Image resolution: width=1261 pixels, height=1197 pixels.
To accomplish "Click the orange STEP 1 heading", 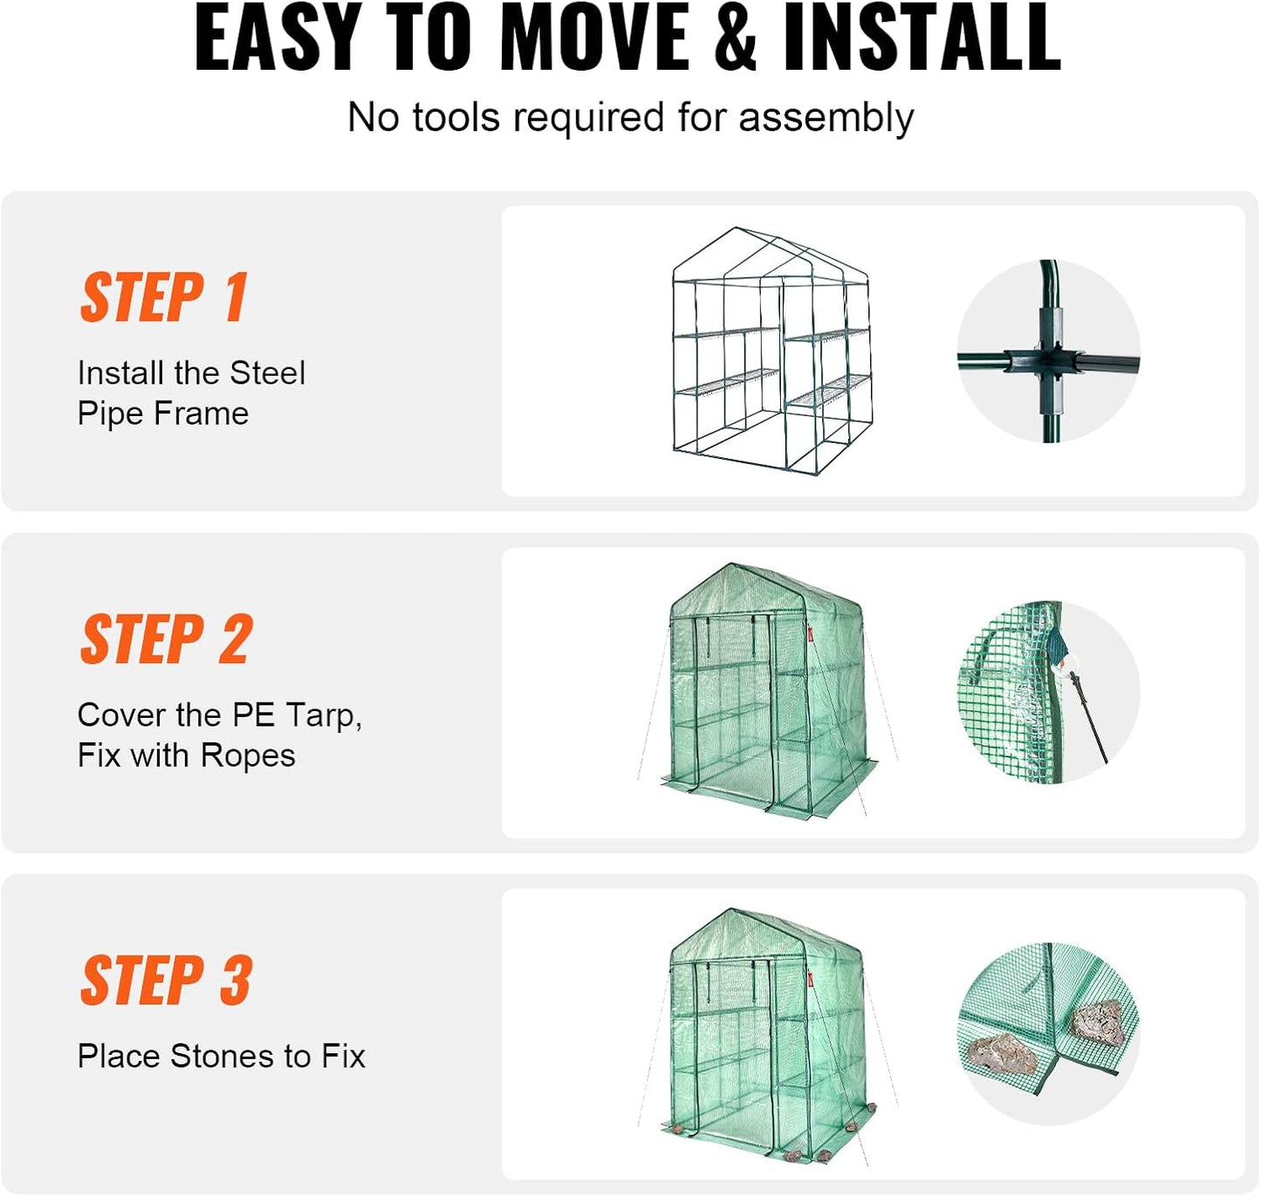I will [x=164, y=298].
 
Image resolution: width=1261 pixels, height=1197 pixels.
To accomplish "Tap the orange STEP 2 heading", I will [x=166, y=640].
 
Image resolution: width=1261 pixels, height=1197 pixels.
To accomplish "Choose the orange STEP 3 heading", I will [x=166, y=981].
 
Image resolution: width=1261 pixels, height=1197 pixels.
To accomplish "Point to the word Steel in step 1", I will [x=267, y=373].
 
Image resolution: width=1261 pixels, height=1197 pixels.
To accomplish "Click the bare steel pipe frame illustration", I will [x=771, y=351].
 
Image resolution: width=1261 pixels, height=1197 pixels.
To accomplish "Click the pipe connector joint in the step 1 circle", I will [x=1048, y=360].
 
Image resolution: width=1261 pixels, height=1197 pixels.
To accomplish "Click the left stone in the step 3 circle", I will [x=1004, y=1054].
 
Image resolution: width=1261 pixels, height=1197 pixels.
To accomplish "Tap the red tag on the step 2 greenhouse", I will [x=810, y=634].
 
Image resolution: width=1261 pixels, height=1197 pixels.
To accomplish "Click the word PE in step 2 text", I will [x=254, y=715].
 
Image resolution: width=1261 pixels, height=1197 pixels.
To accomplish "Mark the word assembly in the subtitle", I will [x=826, y=118].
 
